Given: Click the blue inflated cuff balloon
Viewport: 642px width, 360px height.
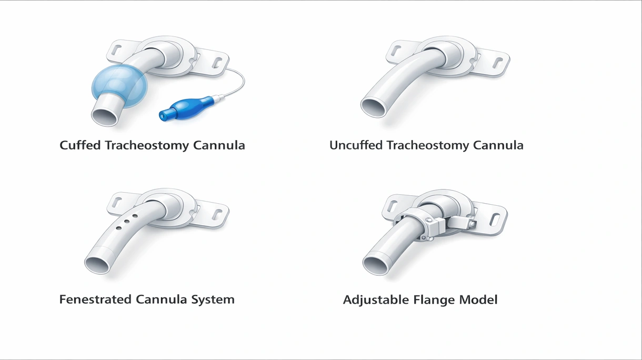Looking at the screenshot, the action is pyautogui.click(x=119, y=85).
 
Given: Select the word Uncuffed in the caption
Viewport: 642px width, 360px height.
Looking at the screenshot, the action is pyautogui.click(x=356, y=145).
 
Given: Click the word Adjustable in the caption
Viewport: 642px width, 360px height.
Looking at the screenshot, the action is pyautogui.click(x=376, y=300).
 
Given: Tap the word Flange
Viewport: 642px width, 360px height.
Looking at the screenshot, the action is pyautogui.click(x=434, y=300).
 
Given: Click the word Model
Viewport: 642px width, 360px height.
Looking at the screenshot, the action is pyautogui.click(x=478, y=300).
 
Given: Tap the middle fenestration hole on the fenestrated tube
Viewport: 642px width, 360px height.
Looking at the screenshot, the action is pyautogui.click(x=126, y=222).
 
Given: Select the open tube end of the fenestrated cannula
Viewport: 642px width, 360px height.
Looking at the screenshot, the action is pyautogui.click(x=97, y=265).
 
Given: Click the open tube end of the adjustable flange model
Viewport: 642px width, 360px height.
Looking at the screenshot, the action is pyautogui.click(x=375, y=266).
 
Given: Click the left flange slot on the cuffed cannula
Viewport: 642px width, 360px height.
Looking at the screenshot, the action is pyautogui.click(x=117, y=51).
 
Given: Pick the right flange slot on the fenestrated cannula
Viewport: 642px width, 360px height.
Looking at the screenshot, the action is pyautogui.click(x=217, y=214).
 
